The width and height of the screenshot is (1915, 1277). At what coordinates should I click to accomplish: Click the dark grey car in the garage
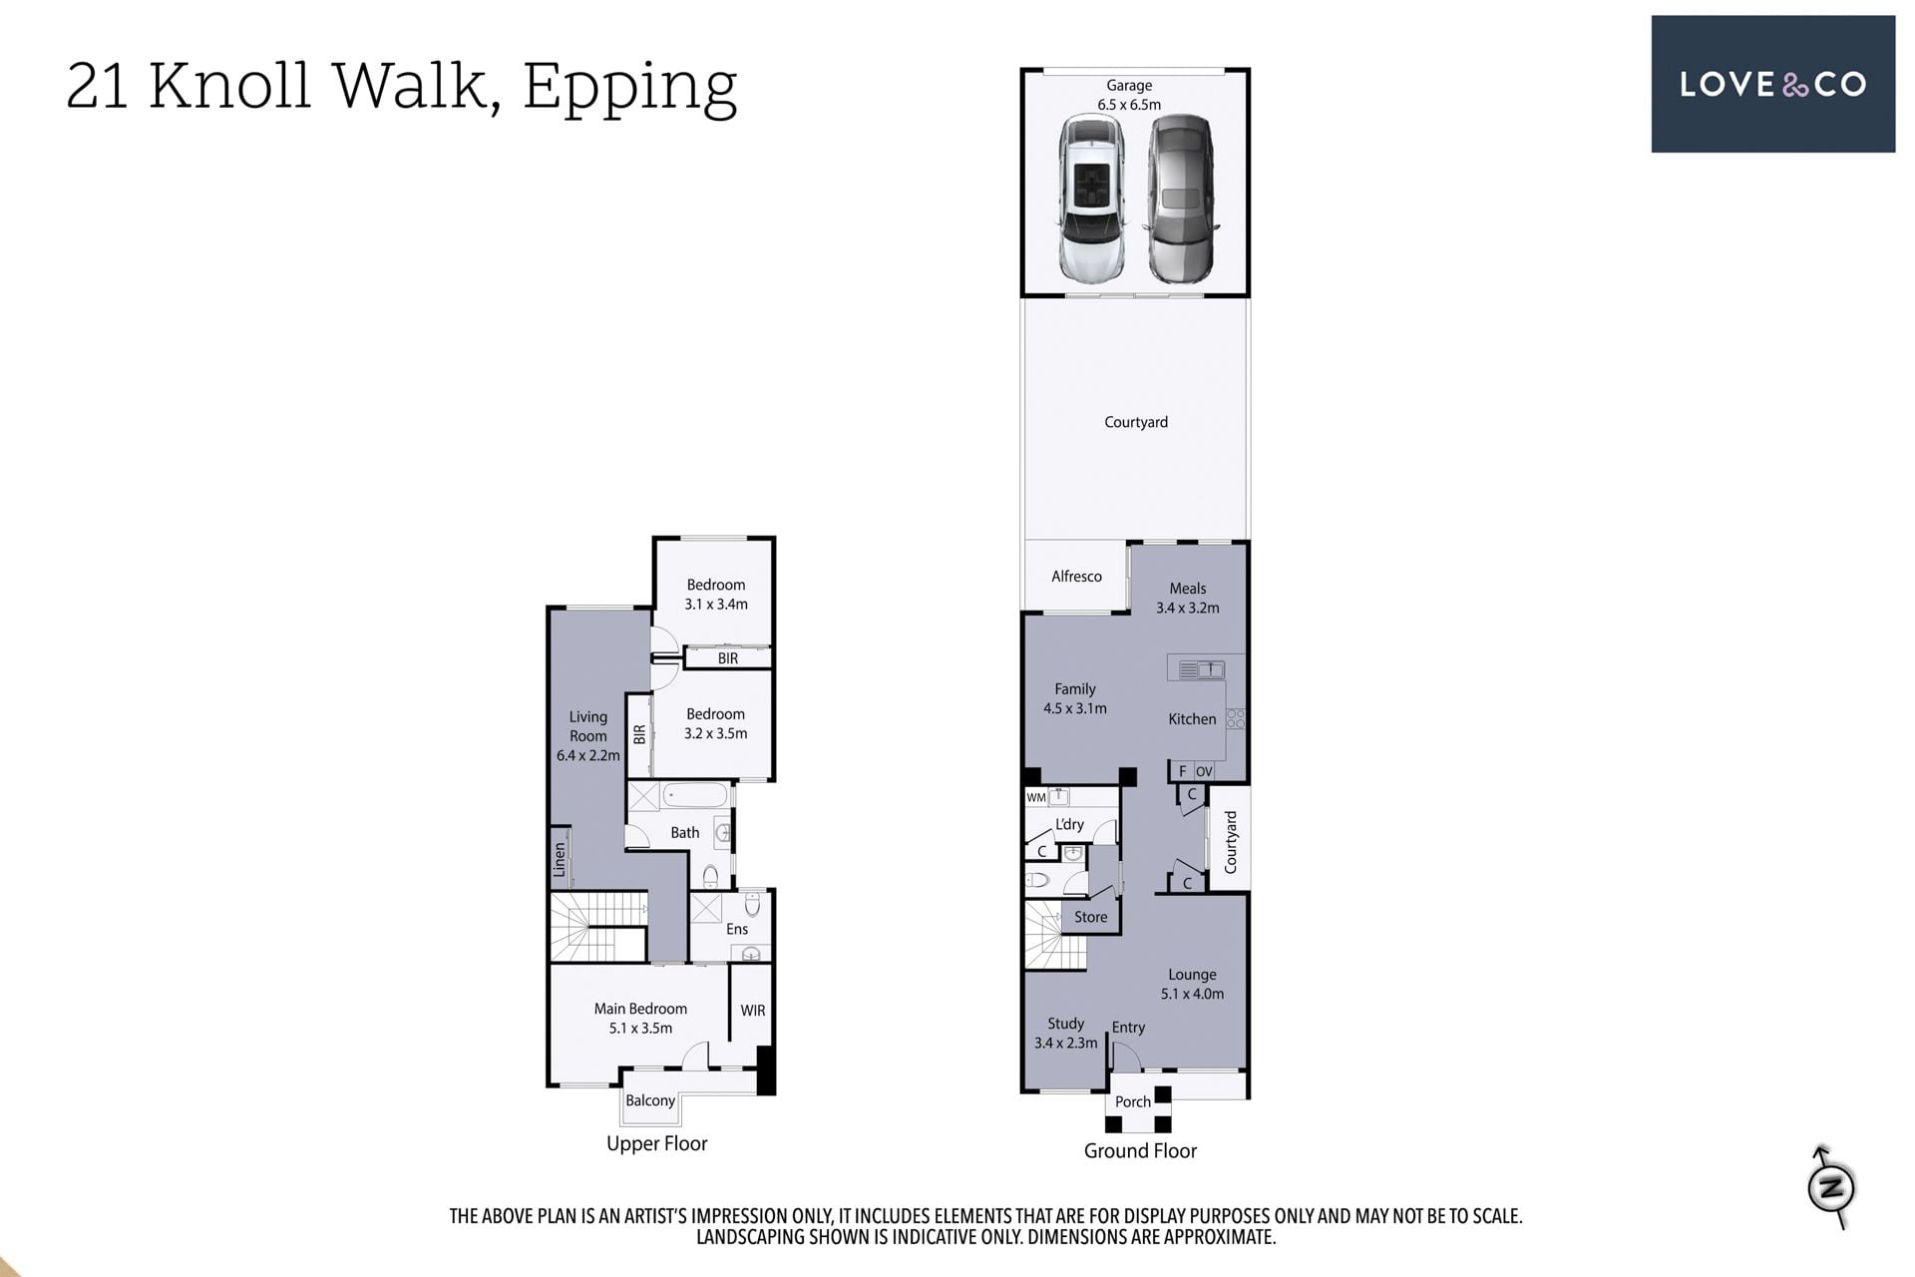[x=1182, y=198]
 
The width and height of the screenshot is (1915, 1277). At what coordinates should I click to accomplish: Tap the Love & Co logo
[x=1772, y=84]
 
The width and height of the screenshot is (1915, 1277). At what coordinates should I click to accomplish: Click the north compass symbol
[x=1831, y=1186]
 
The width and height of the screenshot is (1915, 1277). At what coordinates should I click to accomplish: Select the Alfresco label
[x=1076, y=577]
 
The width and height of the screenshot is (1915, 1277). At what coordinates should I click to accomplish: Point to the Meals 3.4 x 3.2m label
[x=1187, y=598]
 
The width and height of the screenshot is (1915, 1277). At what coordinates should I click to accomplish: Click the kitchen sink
[x=1201, y=670]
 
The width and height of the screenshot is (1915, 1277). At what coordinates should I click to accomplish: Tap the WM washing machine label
[x=1036, y=798]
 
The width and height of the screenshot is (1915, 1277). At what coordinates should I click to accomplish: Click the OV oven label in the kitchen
[x=1204, y=771]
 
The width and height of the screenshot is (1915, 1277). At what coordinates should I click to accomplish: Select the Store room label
[x=1091, y=917]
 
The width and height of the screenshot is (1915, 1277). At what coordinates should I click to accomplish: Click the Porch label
[x=1133, y=1101]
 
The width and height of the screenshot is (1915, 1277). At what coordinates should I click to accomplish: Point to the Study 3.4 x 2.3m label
[x=1065, y=1034]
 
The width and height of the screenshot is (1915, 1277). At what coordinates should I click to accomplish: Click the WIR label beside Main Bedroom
[x=753, y=1011]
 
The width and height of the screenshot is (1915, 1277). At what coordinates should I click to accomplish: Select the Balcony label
[x=650, y=1100]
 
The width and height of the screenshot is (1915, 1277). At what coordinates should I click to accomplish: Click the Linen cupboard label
[x=560, y=860]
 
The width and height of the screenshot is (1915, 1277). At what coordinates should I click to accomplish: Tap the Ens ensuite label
[x=737, y=929]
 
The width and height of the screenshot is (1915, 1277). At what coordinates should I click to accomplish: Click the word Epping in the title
[x=629, y=89]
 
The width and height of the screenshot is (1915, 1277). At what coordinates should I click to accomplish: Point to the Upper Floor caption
[x=657, y=1144]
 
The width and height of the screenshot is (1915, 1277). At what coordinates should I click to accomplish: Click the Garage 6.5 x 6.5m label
[x=1129, y=95]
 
